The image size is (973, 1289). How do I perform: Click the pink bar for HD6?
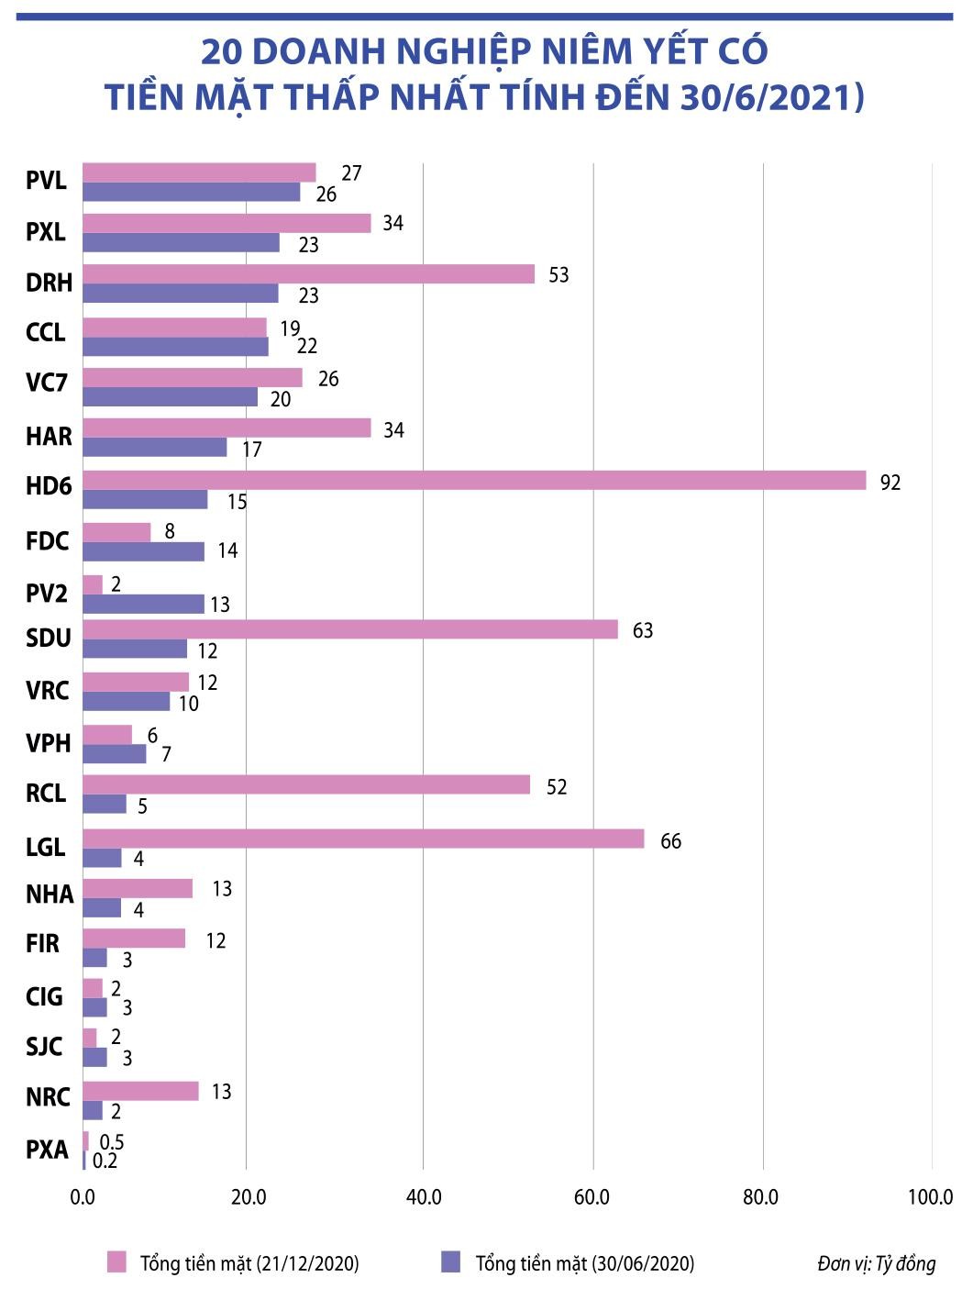[474, 480]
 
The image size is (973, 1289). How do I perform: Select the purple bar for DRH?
[181, 294]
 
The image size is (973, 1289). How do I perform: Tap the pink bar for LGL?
[363, 839]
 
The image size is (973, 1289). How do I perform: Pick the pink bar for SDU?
[350, 629]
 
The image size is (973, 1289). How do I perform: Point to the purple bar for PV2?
[143, 604]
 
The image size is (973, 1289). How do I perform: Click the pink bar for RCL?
[306, 784]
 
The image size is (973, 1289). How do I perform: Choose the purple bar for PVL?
[192, 192]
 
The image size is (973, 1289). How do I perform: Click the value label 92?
[890, 483]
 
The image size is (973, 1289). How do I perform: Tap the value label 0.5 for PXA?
[112, 1142]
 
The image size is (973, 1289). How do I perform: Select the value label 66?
[671, 841]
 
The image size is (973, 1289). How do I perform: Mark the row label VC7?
[47, 382]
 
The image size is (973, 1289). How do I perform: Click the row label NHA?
[50, 894]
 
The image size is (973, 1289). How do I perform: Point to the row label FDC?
[48, 541]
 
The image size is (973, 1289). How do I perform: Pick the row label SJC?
[44, 1047]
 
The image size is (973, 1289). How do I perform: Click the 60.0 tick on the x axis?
[592, 1196]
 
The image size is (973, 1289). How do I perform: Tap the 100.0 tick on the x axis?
[931, 1196]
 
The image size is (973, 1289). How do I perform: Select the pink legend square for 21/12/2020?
[116, 1262]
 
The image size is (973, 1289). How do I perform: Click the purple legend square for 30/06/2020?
[450, 1262]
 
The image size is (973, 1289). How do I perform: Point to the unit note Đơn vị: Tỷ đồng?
[877, 1263]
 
